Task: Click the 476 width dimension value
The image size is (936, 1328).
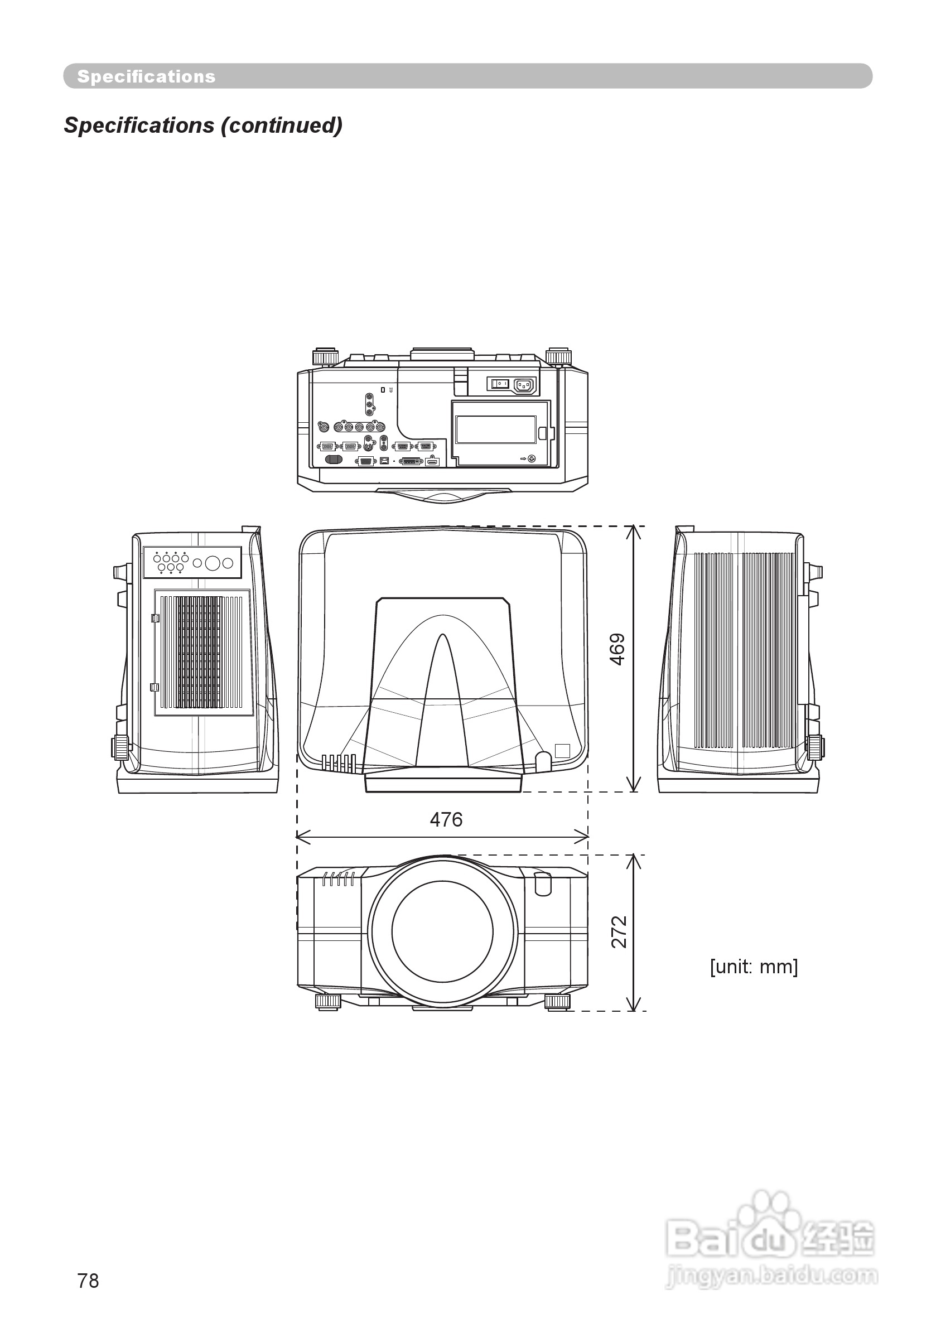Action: pos(446,819)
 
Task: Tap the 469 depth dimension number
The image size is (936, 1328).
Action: pos(618,650)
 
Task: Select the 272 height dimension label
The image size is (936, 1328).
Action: pos(619,933)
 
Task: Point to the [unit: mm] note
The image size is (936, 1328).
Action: pos(754,967)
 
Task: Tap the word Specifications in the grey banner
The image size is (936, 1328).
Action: pos(146,76)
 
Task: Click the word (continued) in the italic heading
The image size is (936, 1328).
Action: pos(282,125)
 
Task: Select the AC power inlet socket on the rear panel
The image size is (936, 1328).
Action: pos(524,384)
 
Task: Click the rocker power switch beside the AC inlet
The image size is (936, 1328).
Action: pos(499,384)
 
